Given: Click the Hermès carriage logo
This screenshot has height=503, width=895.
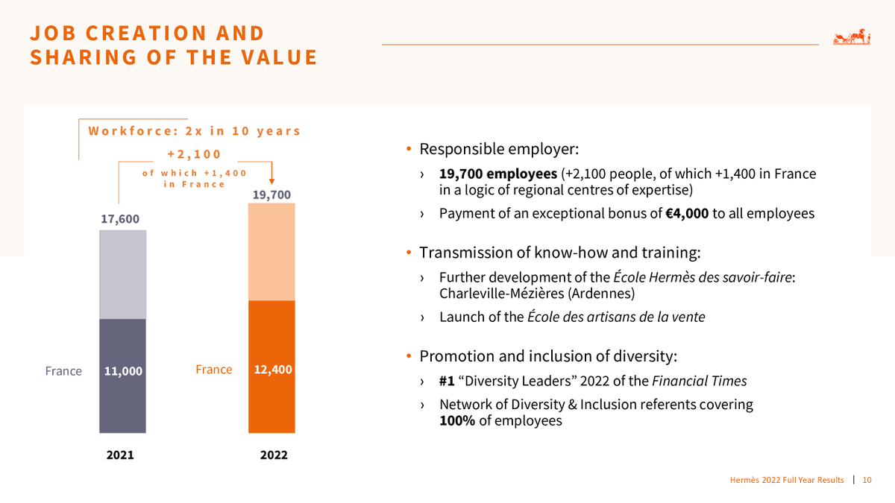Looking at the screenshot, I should [852, 38].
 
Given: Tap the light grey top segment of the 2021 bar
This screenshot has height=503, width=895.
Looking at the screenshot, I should [122, 274].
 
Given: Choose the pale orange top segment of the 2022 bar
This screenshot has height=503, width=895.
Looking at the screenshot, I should [271, 251].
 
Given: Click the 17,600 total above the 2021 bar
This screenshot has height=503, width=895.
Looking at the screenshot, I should [120, 219].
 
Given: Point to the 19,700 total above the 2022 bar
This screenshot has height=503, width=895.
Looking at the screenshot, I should [271, 194].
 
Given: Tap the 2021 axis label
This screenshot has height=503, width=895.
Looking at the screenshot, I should [120, 455].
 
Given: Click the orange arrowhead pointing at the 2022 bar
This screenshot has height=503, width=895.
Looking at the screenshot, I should [271, 179].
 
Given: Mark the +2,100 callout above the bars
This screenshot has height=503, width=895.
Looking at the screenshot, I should [194, 154].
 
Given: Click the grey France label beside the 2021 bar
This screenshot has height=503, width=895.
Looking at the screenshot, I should [63, 371].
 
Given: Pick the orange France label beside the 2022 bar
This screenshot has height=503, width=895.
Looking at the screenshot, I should [213, 370].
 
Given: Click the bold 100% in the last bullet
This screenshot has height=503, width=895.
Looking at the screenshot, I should [456, 421].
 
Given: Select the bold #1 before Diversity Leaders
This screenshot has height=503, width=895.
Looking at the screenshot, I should [447, 382].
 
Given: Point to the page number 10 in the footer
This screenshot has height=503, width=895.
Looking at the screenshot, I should [867, 480].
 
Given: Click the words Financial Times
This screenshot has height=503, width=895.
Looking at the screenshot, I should [699, 382].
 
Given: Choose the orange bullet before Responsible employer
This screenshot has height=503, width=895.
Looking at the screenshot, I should [409, 150].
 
